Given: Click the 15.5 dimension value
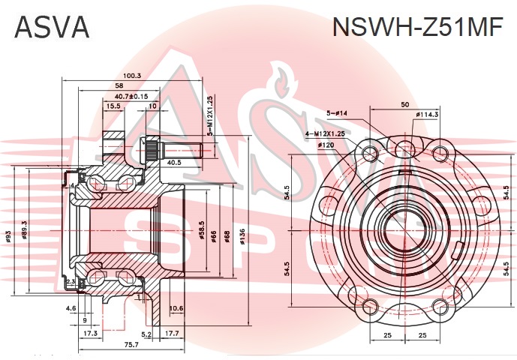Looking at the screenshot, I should (x=113, y=106).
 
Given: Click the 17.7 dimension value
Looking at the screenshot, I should (x=172, y=334).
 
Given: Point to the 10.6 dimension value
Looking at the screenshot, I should (x=176, y=308).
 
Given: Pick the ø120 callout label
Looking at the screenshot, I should (x=326, y=144).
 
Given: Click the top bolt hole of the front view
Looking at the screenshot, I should (x=404, y=147).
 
